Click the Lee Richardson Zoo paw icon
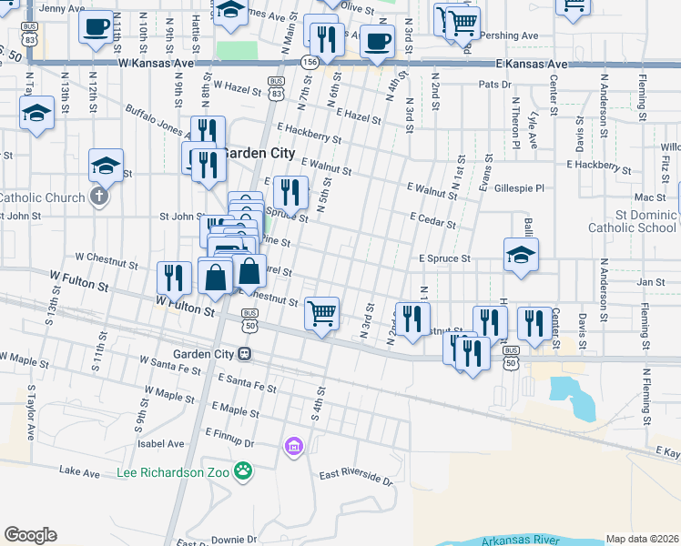pos(243,470)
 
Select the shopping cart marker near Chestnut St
pos(322,314)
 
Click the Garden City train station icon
pos(245,353)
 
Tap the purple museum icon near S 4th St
pos(293,446)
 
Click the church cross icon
pos(99,196)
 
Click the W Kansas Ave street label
pos(157,65)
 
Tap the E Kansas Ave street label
pos(532,65)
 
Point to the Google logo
pos(30,535)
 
